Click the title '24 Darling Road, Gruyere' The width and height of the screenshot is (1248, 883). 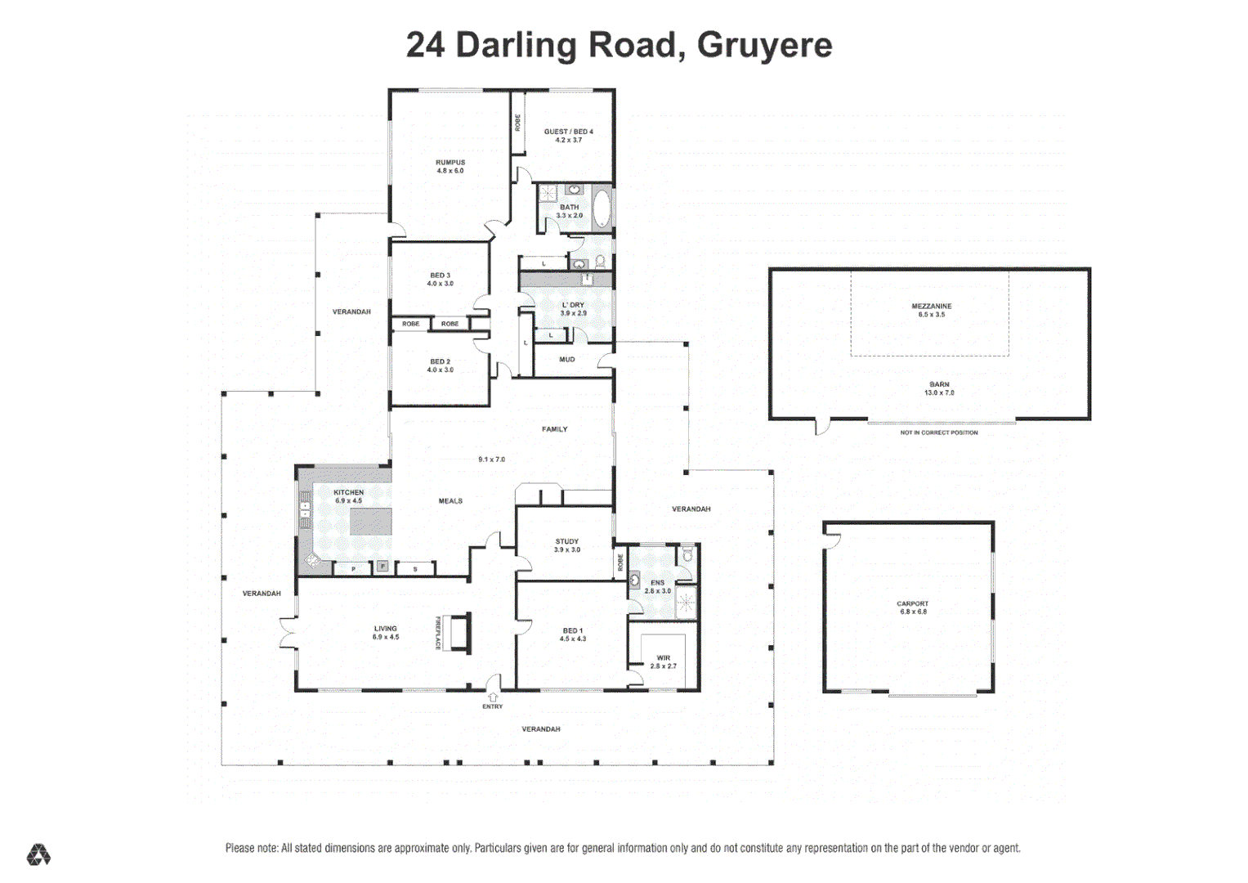click(619, 45)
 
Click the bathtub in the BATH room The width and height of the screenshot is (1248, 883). click(602, 208)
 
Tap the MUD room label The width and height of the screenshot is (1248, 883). click(566, 360)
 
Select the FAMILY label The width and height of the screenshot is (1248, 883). click(554, 429)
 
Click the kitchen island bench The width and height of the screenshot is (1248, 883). click(370, 522)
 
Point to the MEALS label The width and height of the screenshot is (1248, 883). click(450, 501)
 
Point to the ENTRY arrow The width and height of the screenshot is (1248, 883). click(492, 697)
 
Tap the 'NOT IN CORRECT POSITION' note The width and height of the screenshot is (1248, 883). click(938, 433)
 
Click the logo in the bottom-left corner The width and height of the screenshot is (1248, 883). click(38, 855)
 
